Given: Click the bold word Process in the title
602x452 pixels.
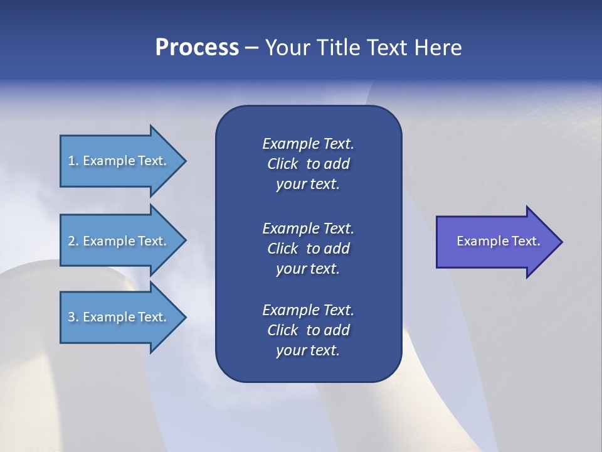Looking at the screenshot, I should tap(197, 47).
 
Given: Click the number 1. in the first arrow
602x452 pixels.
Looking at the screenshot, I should tap(73, 161).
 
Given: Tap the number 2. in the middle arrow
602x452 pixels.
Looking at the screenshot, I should tap(73, 241).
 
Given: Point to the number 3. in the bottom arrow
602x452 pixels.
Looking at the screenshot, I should tap(73, 317).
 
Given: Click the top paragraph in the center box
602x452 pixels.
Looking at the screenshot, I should tap(308, 164).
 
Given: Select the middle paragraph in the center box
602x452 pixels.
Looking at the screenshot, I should tap(308, 248).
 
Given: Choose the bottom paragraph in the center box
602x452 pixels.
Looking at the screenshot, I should tap(308, 330).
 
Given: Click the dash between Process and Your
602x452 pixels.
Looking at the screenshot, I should tap(251, 48).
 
